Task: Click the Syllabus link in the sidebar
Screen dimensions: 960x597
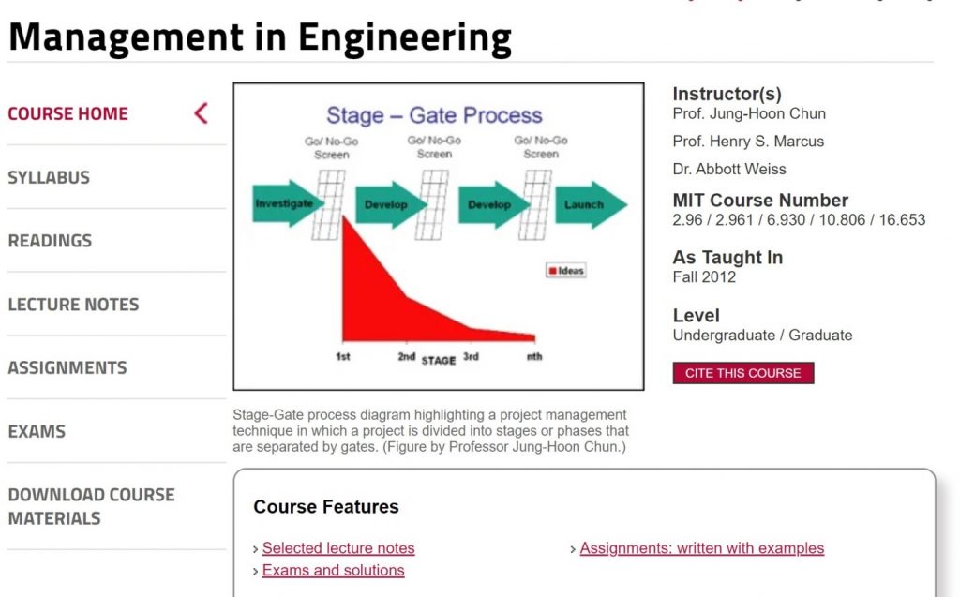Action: tap(49, 177)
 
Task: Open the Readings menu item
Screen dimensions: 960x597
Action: tap(51, 241)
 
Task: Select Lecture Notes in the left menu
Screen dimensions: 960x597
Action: tap(73, 305)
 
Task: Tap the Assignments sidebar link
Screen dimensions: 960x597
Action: tap(67, 368)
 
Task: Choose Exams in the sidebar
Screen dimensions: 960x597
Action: tap(37, 432)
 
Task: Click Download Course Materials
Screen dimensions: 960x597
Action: tap(91, 506)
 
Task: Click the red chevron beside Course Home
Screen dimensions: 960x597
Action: tap(202, 113)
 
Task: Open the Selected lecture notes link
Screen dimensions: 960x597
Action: tap(338, 548)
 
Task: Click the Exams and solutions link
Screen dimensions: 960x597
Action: tap(333, 570)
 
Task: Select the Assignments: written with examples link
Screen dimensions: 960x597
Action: tap(701, 548)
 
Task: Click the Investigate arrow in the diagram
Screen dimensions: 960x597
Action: tap(288, 203)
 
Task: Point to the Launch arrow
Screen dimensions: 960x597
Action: tap(591, 204)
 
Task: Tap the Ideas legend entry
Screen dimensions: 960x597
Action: tap(565, 271)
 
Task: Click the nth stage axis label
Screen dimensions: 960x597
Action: tap(534, 356)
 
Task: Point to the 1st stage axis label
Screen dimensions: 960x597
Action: tap(343, 356)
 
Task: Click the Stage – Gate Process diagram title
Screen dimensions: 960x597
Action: tap(434, 115)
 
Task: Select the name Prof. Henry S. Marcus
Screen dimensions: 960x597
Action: tap(748, 142)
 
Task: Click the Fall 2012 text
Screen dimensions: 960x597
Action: tap(704, 277)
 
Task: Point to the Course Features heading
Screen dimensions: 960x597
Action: tap(325, 507)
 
